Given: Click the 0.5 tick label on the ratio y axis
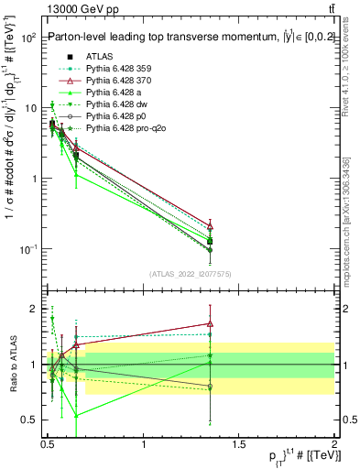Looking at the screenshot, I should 29,420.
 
